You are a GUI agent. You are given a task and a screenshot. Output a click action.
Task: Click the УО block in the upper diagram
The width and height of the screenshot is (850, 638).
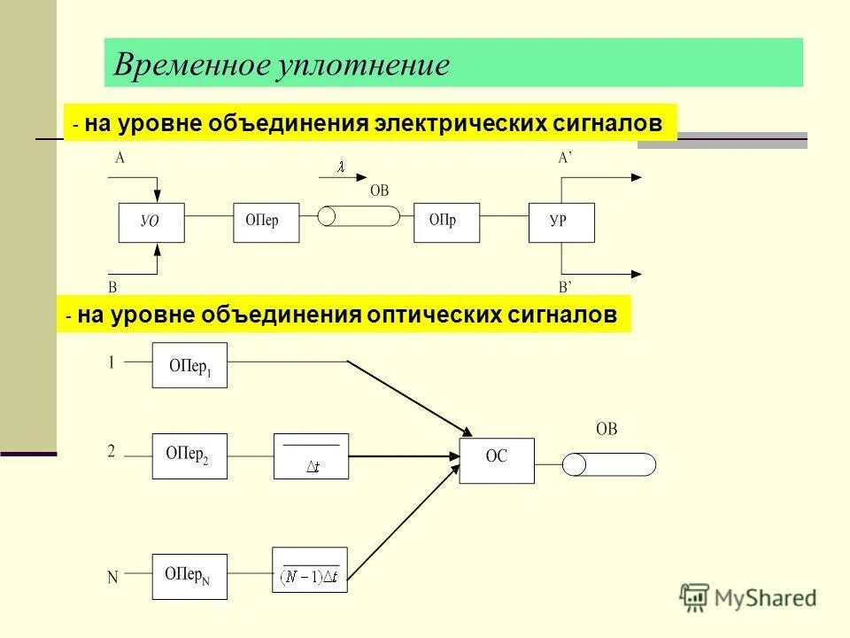[x=151, y=222]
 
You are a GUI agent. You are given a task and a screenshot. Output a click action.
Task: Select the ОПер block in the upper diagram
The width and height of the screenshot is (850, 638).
[x=266, y=222]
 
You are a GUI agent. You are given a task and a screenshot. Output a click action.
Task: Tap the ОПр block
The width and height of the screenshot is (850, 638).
[x=447, y=222]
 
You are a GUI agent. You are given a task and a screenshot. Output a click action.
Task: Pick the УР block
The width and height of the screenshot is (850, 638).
[x=561, y=222]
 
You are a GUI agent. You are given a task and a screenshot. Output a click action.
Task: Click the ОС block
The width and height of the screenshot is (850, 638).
[x=497, y=460]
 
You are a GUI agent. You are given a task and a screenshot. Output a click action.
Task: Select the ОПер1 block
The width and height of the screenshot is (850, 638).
[x=189, y=365]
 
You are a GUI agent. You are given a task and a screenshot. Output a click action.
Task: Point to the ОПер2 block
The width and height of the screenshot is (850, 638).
[x=189, y=455]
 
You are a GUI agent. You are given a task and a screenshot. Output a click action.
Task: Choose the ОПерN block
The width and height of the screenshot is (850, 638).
[x=189, y=577]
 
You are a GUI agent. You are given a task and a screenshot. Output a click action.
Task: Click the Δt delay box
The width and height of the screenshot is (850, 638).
[x=312, y=456]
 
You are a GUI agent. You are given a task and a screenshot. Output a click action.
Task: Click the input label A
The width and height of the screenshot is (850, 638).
[x=120, y=159]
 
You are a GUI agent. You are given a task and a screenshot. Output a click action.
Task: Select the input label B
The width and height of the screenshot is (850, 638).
[x=112, y=287]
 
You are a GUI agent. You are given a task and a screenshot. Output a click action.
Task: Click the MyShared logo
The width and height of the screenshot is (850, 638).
[x=748, y=597]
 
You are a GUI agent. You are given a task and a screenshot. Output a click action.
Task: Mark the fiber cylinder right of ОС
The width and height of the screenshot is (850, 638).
[x=609, y=464]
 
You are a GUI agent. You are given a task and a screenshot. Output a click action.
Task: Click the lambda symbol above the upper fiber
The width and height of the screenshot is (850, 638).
[x=339, y=167]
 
